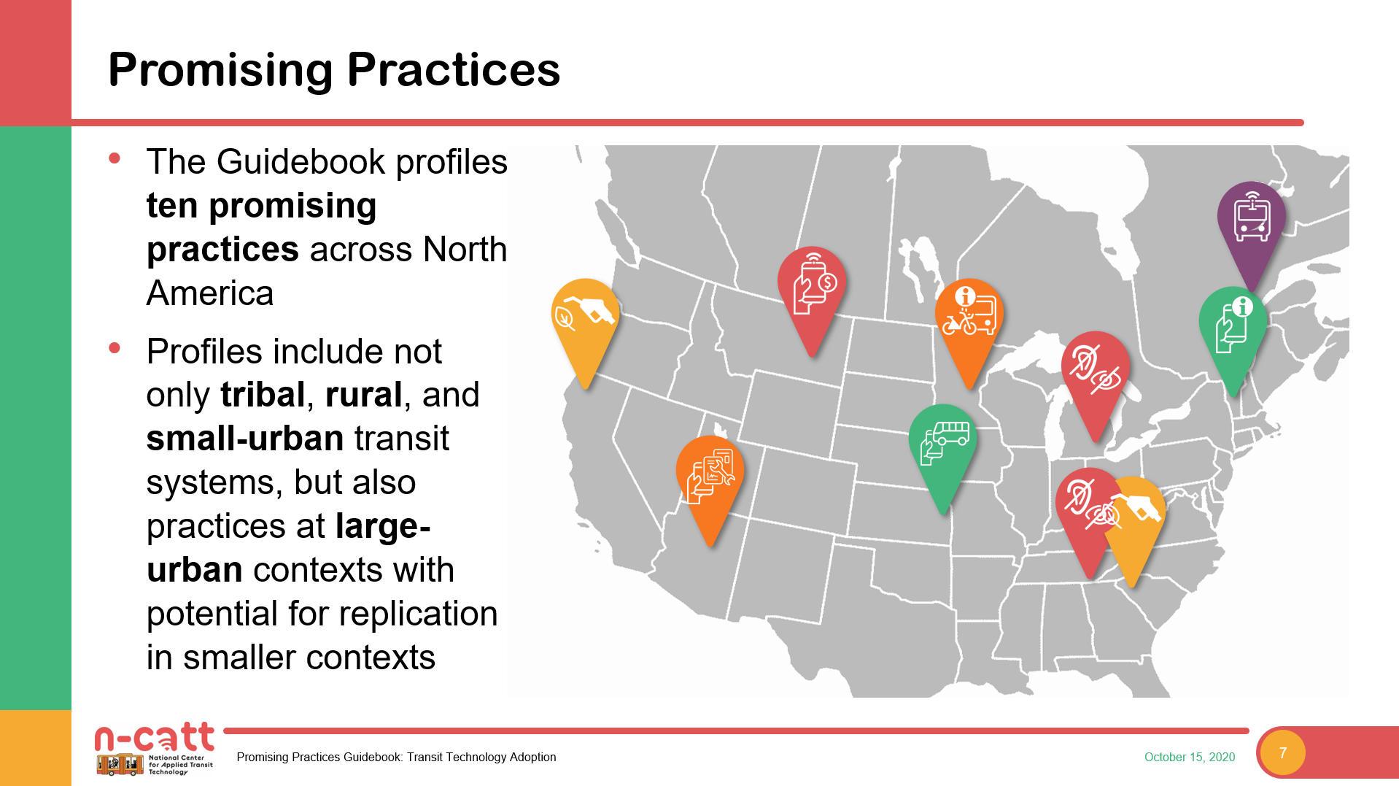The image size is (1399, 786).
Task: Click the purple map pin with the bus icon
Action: [x=1251, y=223]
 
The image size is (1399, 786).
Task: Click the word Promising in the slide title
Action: [x=220, y=72]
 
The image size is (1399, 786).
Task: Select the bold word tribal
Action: [x=263, y=395]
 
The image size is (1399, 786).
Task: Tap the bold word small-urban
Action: [x=245, y=439]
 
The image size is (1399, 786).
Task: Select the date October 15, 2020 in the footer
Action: [x=1190, y=758]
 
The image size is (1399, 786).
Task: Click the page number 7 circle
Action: [x=1283, y=753]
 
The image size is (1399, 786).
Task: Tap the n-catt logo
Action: [x=154, y=748]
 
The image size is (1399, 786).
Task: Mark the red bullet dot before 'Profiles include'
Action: [x=115, y=349]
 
